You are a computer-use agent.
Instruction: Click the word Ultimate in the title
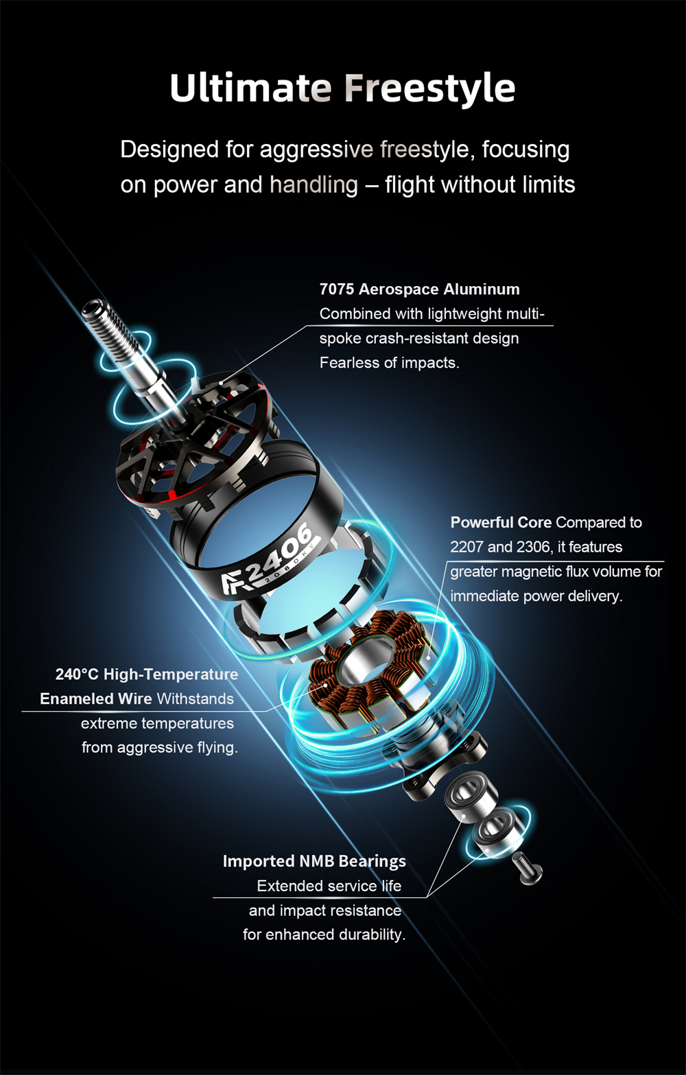[x=250, y=88]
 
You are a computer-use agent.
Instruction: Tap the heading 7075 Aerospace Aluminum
[x=420, y=290]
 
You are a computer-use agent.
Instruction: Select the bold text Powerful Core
[x=501, y=522]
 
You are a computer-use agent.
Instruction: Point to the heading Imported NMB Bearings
[x=314, y=862]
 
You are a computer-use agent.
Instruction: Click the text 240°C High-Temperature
[x=147, y=674]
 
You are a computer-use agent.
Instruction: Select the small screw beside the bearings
[x=528, y=868]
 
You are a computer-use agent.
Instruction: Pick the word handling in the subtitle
[x=314, y=185]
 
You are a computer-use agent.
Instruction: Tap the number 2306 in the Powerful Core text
[x=533, y=547]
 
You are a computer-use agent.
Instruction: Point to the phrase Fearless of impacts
[x=390, y=363]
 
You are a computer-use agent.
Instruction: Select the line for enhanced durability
[x=324, y=934]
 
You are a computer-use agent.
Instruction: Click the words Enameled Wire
[x=96, y=699]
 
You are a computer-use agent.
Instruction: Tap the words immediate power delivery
[x=536, y=596]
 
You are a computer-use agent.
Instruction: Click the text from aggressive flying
[x=159, y=748]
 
